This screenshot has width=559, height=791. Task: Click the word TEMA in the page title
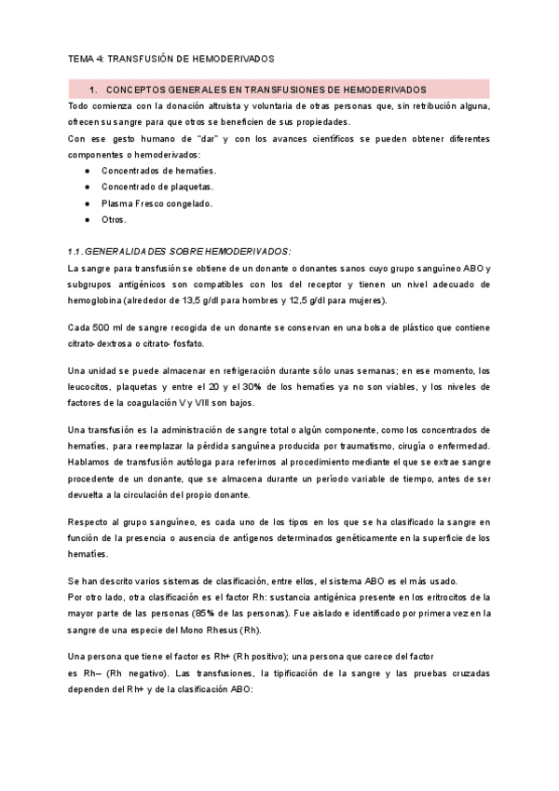(82, 58)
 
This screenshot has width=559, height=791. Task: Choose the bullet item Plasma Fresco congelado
(157, 203)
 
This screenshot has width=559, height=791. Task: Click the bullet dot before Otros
(87, 219)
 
